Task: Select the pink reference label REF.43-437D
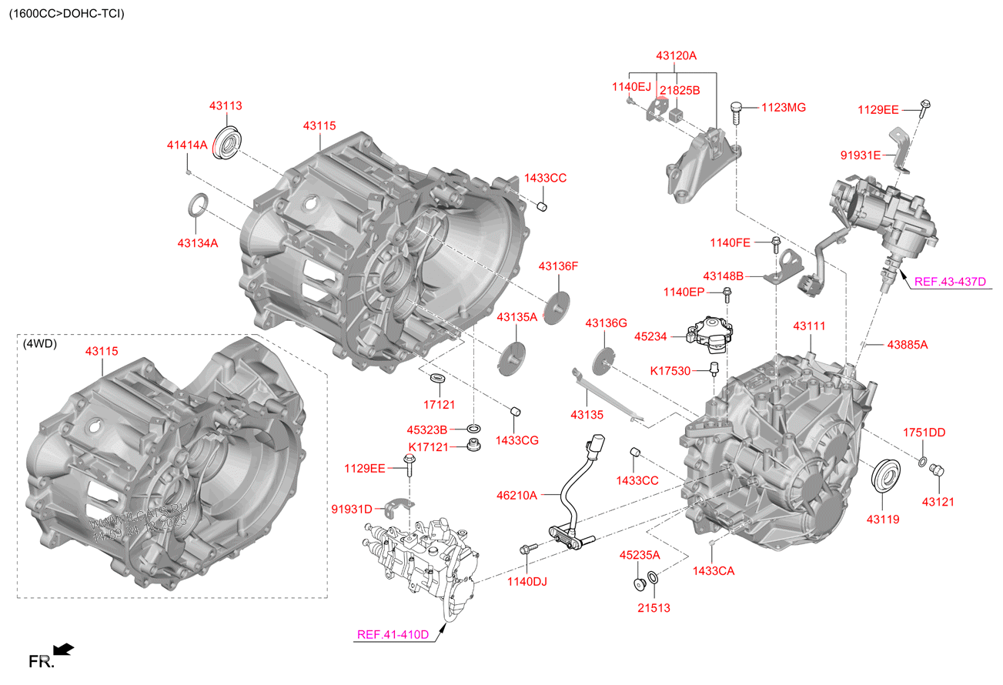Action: pyautogui.click(x=949, y=282)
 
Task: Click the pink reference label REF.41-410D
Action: pyautogui.click(x=393, y=635)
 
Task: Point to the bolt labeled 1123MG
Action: pyautogui.click(x=736, y=112)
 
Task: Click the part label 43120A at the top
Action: pyautogui.click(x=676, y=56)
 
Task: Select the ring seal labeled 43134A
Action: pyautogui.click(x=198, y=206)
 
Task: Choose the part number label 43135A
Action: pyautogui.click(x=517, y=316)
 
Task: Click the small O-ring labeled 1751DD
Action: pyautogui.click(x=921, y=461)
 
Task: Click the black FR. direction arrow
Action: pyautogui.click(x=64, y=650)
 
